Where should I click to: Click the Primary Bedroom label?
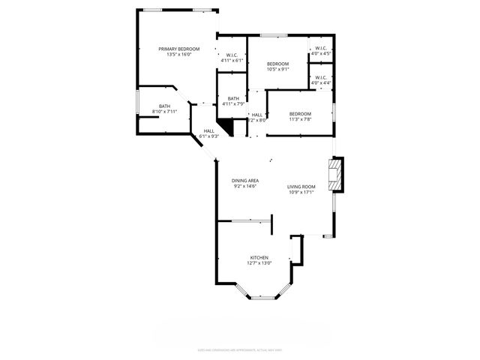click(178, 49)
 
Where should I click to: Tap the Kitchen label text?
click(259, 257)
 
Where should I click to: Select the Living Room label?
click(301, 186)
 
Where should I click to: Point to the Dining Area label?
click(244, 181)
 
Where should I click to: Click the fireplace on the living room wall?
click(339, 175)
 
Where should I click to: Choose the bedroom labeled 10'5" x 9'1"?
click(277, 64)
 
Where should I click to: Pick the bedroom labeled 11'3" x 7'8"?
click(300, 113)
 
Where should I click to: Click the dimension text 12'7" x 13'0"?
click(259, 263)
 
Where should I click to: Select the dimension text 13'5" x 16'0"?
click(178, 55)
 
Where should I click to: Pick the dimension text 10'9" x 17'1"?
click(301, 192)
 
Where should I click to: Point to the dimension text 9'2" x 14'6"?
click(244, 186)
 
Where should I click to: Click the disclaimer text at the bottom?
click(240, 349)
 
